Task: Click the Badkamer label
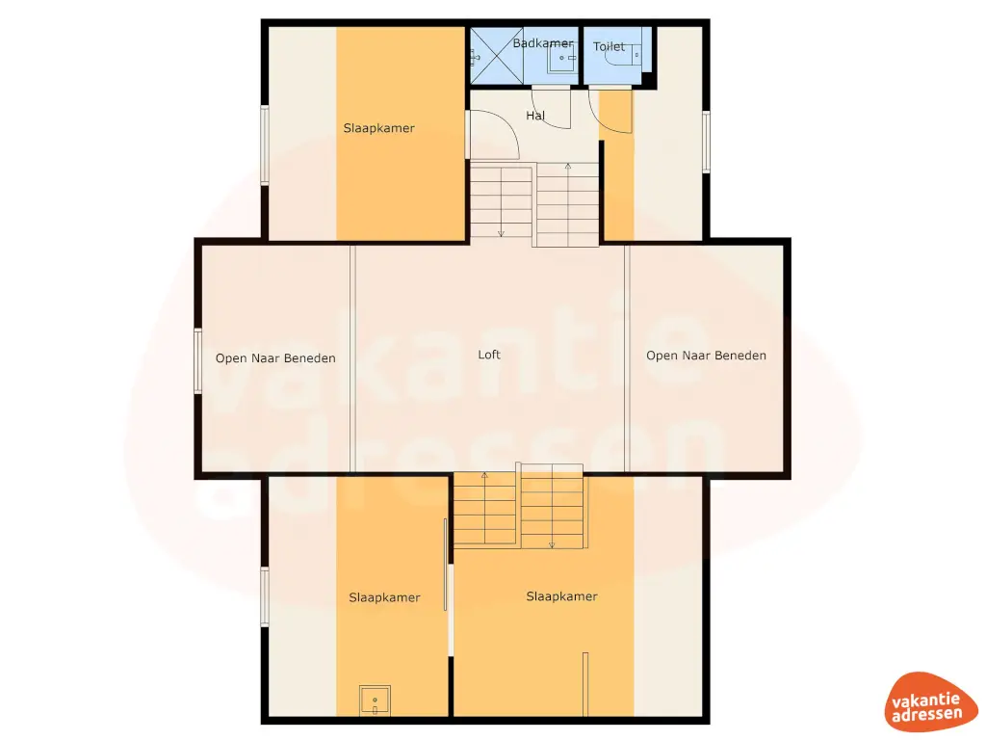point(542,43)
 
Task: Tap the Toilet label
point(609,46)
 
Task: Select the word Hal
point(535,116)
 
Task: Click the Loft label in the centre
point(489,355)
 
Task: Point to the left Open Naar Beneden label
point(275,358)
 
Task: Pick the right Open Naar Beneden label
point(706,356)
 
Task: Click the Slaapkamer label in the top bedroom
point(378,128)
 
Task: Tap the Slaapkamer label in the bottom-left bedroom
point(384,597)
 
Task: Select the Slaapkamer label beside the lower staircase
point(561,596)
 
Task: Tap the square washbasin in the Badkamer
point(560,60)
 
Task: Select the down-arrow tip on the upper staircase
point(501,234)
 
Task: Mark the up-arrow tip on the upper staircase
point(567,167)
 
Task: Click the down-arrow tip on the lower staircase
point(552,545)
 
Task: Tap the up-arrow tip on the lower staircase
point(484,475)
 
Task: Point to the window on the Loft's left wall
point(197,361)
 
